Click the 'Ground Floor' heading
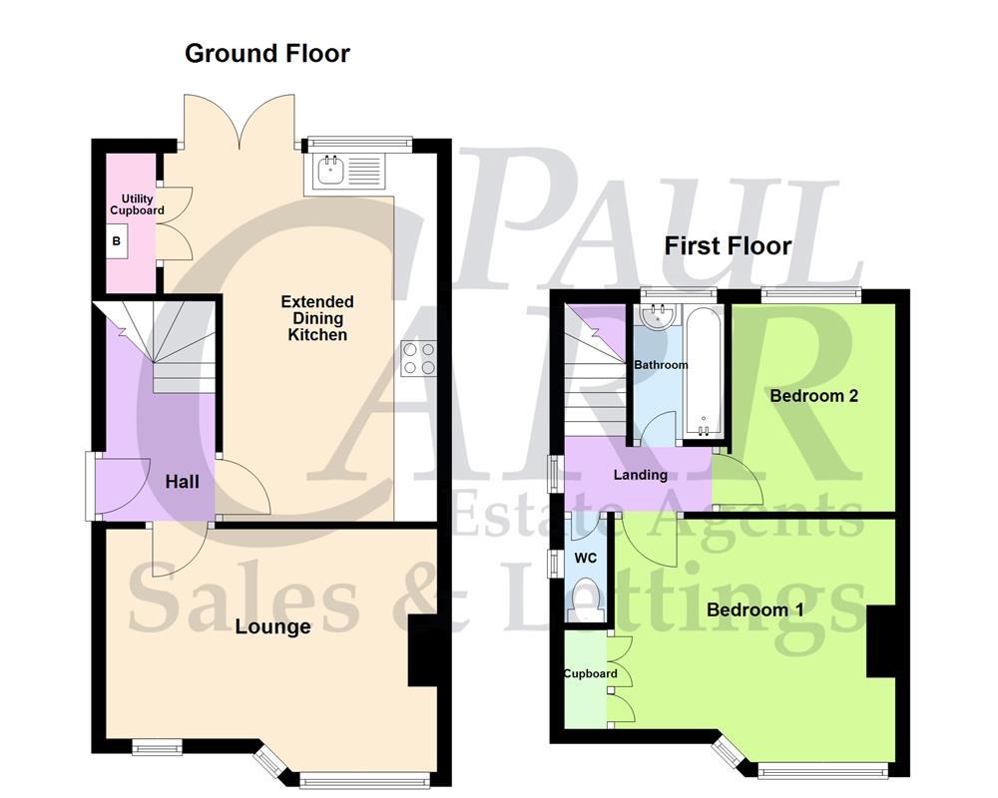267,53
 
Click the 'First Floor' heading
728,245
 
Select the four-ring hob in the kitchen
420,358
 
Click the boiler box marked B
116,241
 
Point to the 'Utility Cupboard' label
137,205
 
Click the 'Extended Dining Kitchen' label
317,318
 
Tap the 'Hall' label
182,482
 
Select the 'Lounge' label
272,626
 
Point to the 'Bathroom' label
661,365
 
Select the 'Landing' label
640,475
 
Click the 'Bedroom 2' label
813,395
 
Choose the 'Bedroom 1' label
754,608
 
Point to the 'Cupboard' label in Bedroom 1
590,673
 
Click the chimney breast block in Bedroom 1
880,642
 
